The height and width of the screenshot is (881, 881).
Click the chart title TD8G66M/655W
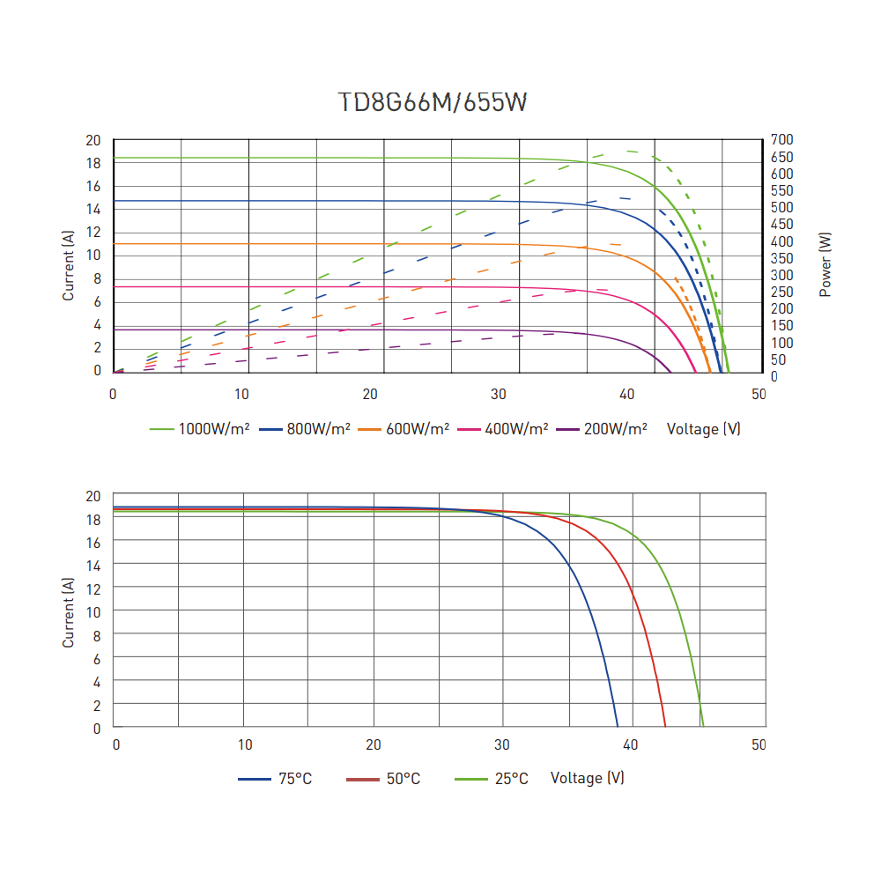pos(433,103)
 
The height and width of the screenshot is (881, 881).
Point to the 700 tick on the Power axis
pos(782,140)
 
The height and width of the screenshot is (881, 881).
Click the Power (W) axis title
pos(825,264)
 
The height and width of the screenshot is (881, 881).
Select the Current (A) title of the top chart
pos(69,264)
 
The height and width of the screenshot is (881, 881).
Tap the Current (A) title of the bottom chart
pos(69,612)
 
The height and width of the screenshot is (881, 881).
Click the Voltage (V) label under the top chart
pos(703,429)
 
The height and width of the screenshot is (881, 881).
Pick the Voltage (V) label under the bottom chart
pos(587,779)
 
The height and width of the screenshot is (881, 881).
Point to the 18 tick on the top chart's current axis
pos(93,163)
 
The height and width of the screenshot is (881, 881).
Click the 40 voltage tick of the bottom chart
pos(630,745)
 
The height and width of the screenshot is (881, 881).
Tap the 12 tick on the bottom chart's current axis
pos(94,589)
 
